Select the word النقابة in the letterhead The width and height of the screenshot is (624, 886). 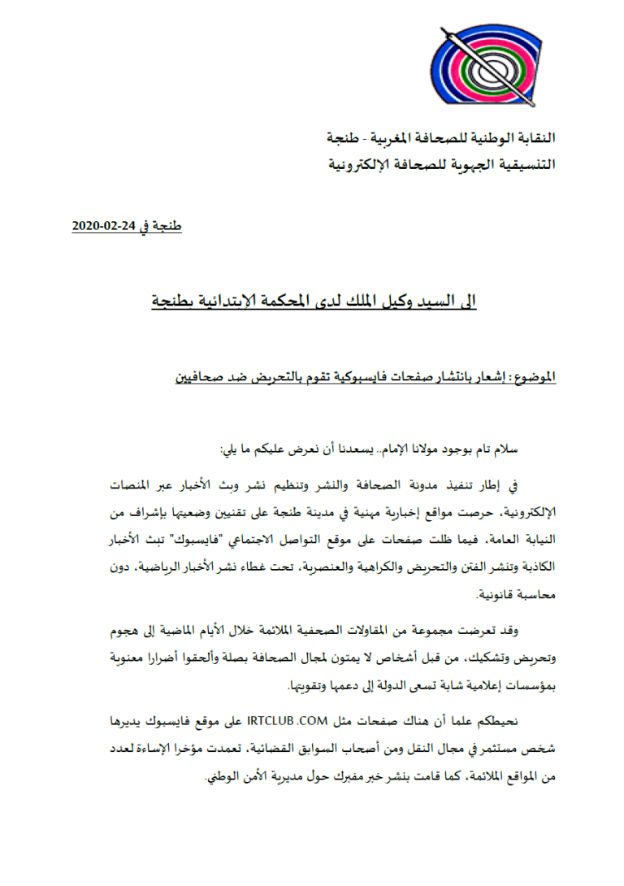[531, 137]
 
